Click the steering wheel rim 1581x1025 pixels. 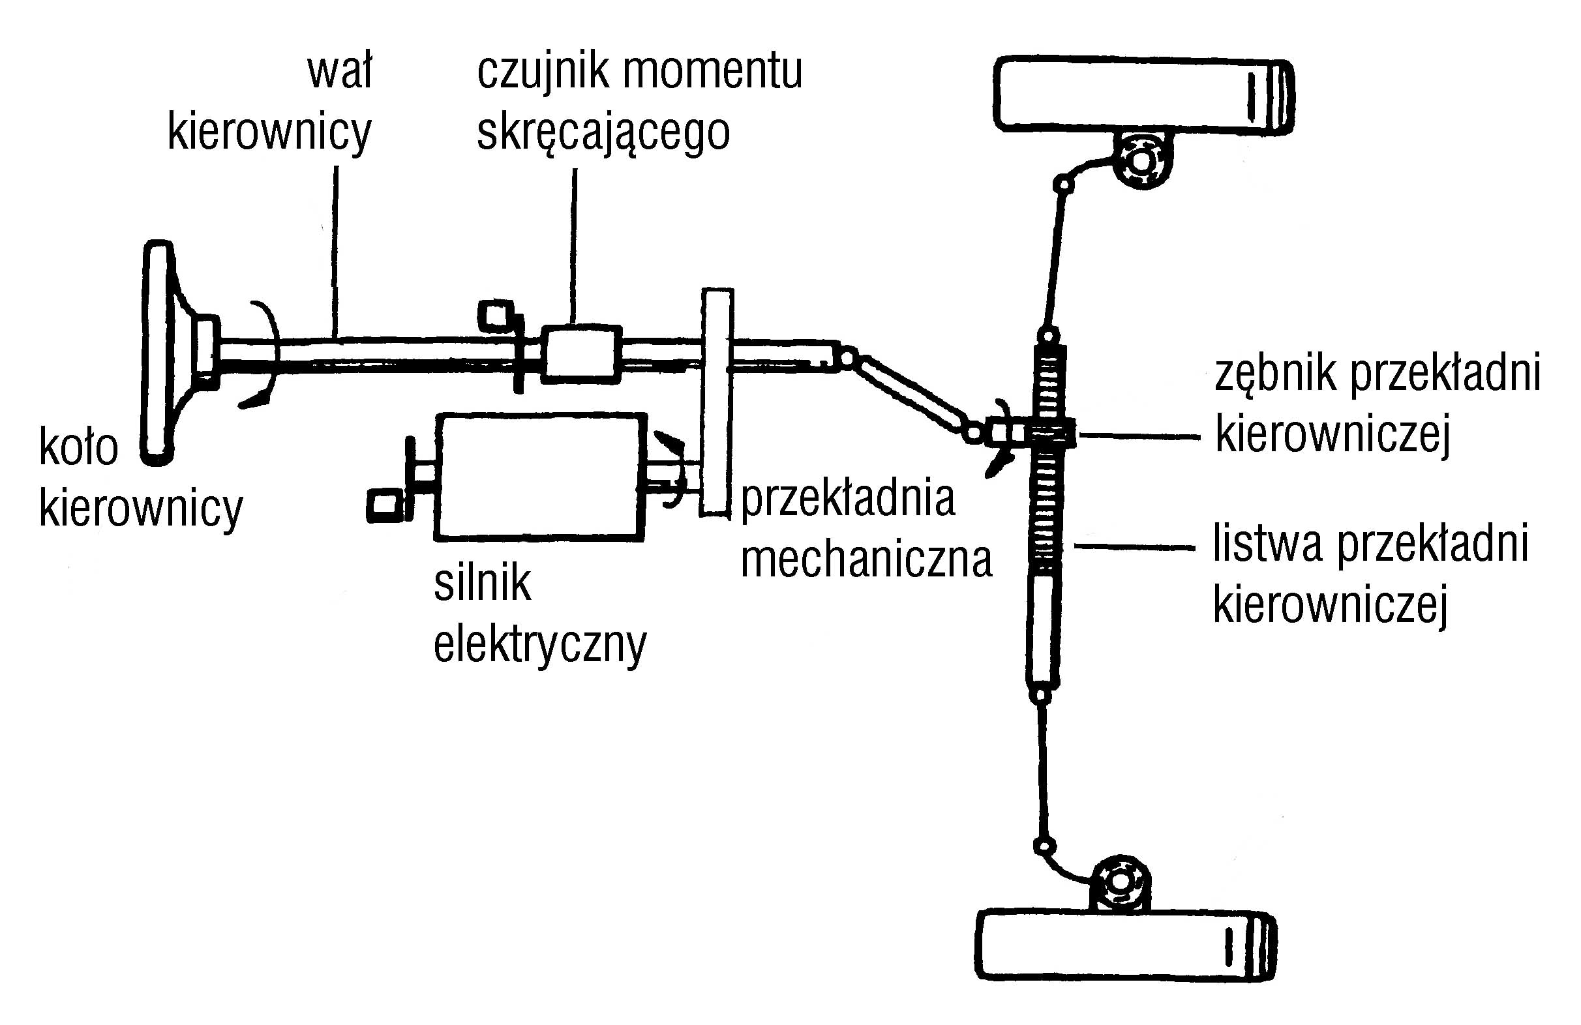tap(158, 352)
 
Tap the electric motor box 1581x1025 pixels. tap(539, 476)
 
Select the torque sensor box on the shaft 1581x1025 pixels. tap(581, 354)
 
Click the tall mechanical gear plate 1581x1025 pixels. tap(717, 402)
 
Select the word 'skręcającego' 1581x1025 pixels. tap(603, 133)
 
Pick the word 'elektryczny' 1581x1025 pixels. tap(539, 643)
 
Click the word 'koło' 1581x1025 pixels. tap(78, 448)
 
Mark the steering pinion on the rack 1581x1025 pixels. tap(1049, 434)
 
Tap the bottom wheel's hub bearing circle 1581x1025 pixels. tap(1119, 883)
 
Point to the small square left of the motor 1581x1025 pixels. tap(385, 505)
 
